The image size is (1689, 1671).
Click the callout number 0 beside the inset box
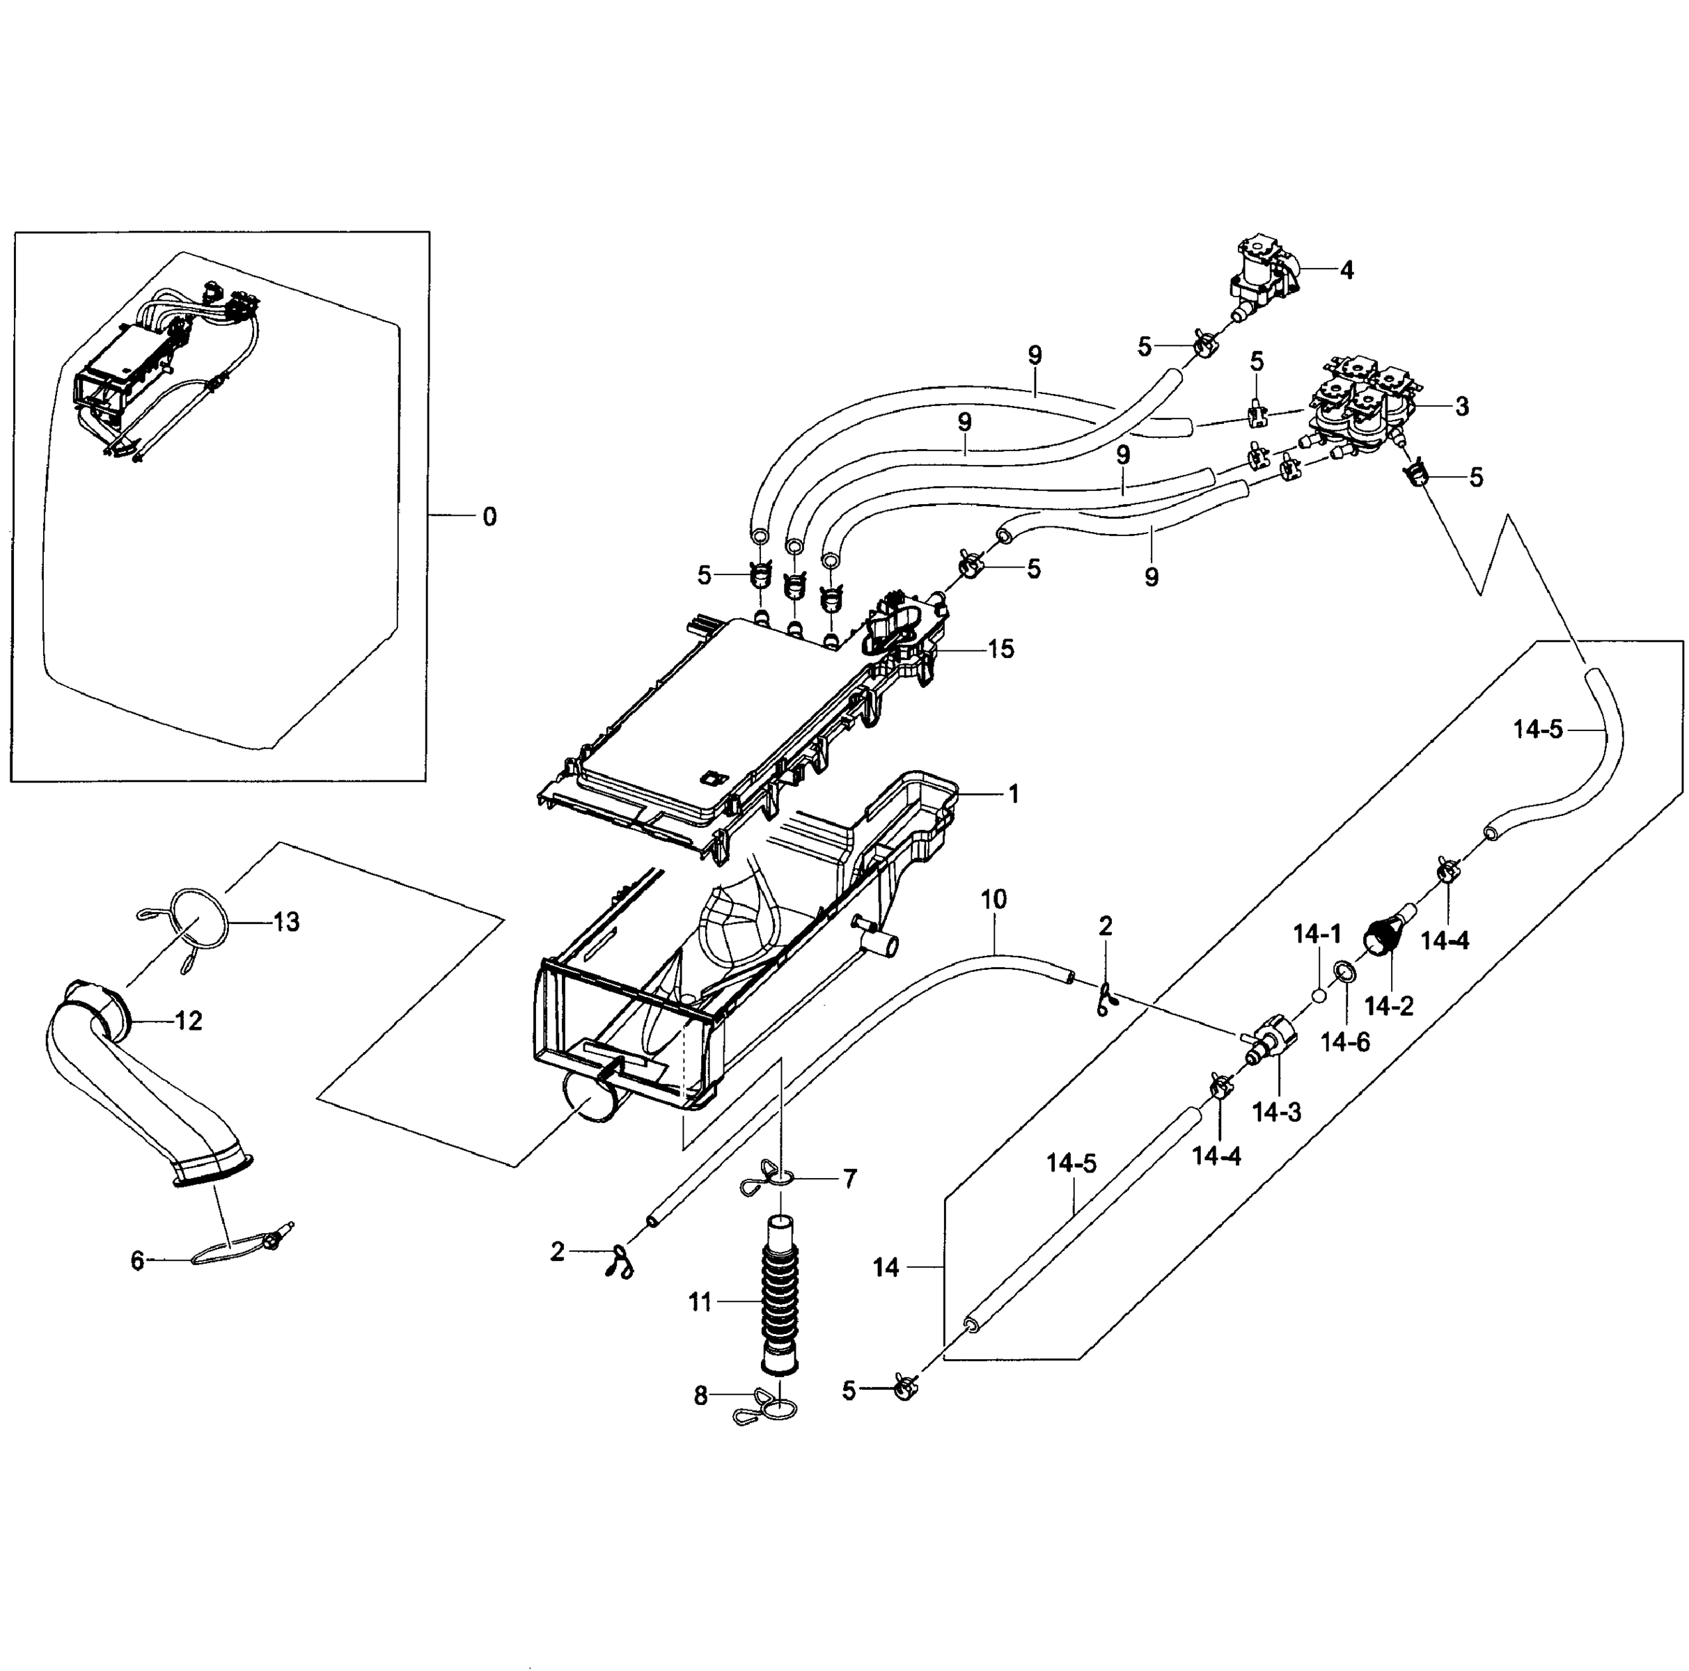click(489, 517)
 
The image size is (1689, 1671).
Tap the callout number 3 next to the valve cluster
click(1462, 407)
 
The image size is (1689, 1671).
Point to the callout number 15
click(1001, 649)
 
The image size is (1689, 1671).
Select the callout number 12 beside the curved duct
click(189, 1021)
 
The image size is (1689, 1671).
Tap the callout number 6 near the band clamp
click(137, 1260)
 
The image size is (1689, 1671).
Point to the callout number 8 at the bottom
click(700, 1397)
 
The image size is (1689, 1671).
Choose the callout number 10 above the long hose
click(994, 899)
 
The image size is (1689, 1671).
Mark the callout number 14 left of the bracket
click(886, 1267)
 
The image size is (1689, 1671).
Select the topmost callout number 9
click(1035, 355)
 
